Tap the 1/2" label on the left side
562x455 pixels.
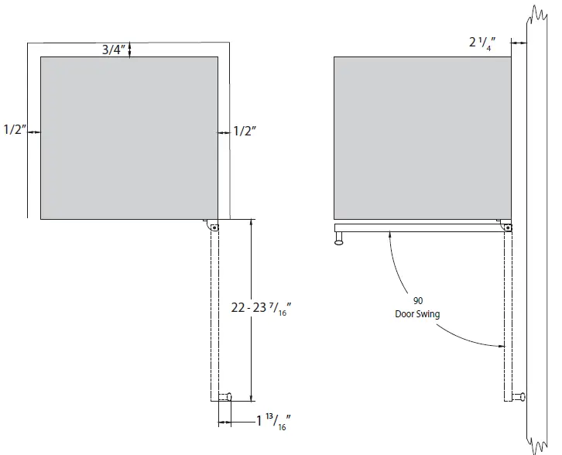coord(13,132)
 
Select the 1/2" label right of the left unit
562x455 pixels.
coord(245,132)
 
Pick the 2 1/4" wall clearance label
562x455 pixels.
coord(485,43)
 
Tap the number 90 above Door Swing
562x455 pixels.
coord(418,300)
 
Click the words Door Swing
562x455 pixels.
coord(418,313)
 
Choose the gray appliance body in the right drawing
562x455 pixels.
coord(422,138)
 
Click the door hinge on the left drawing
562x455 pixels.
coord(213,227)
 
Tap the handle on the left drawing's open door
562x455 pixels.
coord(226,397)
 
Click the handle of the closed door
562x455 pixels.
coord(339,241)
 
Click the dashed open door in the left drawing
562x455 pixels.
coord(214,317)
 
